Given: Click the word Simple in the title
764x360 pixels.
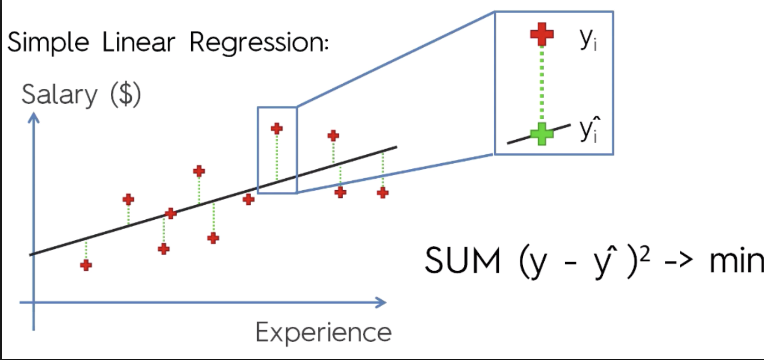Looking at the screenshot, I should tap(48, 43).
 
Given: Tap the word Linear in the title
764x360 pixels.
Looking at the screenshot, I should tap(138, 43).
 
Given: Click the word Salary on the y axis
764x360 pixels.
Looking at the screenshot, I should tap(59, 95).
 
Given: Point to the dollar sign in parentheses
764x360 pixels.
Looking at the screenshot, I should tap(126, 94).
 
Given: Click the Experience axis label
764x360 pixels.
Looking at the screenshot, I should tap(323, 332).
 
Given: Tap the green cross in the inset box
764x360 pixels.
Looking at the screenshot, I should tap(542, 134).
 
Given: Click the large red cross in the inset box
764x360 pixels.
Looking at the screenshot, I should tap(542, 34).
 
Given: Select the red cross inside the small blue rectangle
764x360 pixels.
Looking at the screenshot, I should tap(277, 128).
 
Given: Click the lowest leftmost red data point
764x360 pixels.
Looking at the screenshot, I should tap(86, 265).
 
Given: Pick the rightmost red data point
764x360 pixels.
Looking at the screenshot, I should tap(383, 192).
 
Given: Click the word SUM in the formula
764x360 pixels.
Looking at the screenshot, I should tap(462, 260).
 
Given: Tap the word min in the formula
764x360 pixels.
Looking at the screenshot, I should tap(736, 261).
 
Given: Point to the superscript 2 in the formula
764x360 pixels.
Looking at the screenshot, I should tap(645, 253).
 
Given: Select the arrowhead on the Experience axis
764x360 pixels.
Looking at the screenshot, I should tap(381, 302).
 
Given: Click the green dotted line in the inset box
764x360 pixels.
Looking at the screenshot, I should tap(542, 84).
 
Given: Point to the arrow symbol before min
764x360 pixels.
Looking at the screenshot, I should tap(678, 260).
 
